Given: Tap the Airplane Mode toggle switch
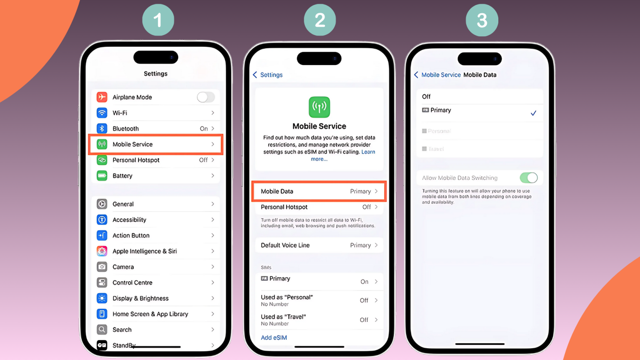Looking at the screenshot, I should click(x=205, y=97).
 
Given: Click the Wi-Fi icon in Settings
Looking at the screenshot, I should click(x=102, y=113).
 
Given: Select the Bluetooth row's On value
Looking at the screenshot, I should click(x=204, y=129).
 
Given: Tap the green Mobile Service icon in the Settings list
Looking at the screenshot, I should click(x=102, y=144).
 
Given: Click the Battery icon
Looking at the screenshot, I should click(x=102, y=176).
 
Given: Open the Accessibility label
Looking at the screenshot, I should click(x=129, y=220).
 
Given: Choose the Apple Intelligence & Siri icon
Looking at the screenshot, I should click(x=102, y=251).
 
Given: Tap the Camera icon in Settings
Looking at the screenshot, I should click(x=102, y=267).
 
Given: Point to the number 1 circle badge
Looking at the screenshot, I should click(x=158, y=20).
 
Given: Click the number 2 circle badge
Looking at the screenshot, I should click(x=320, y=20).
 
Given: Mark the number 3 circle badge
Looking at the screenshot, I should click(x=482, y=20).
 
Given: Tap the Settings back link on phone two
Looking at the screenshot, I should click(x=267, y=75).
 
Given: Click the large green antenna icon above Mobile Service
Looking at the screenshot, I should click(x=319, y=107).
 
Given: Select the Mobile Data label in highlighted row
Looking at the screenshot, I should click(x=277, y=191).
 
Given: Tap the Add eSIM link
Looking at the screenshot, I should click(x=274, y=337).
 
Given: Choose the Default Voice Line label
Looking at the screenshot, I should click(x=285, y=245).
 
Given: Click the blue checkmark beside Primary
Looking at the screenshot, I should click(x=533, y=113).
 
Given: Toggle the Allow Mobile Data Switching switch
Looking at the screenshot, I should click(x=528, y=178).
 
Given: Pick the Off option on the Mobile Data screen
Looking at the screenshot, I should click(x=426, y=97).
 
